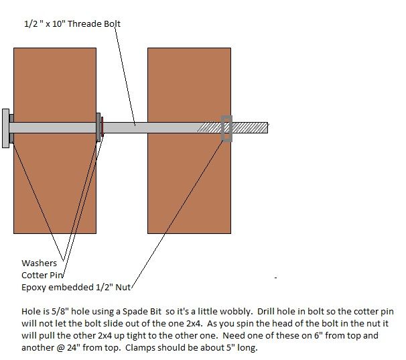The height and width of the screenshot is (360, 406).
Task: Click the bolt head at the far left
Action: click(6, 128)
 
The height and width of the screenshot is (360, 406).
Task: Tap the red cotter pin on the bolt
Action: click(103, 127)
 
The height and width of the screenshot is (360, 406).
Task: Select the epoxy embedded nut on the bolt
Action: click(226, 129)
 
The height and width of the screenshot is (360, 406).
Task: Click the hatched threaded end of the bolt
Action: click(232, 128)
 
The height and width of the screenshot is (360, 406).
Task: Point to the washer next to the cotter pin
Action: click(98, 127)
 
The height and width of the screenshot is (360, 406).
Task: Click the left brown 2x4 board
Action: click(55, 141)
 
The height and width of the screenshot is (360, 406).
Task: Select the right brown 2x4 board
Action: click(190, 141)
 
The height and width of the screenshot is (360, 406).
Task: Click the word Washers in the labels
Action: click(39, 263)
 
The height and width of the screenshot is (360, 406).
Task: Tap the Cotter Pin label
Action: click(42, 276)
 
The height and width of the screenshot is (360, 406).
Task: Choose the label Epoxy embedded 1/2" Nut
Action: click(76, 287)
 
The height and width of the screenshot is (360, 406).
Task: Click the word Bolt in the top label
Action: click(112, 24)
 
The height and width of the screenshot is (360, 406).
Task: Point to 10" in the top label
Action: click(59, 24)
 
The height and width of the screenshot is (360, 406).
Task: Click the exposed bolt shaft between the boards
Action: click(125, 128)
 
